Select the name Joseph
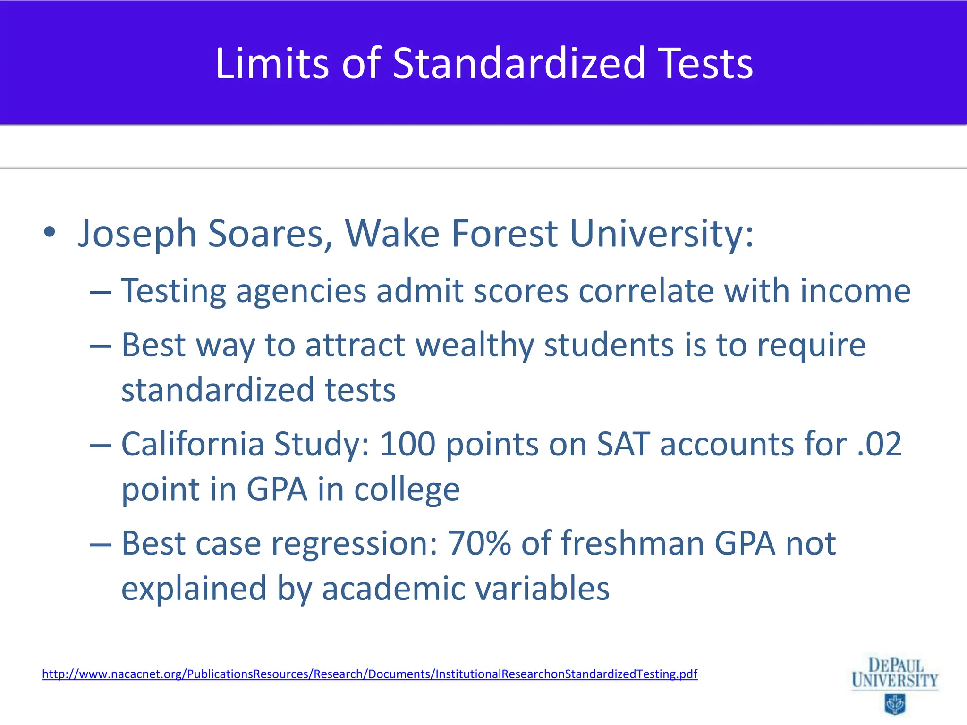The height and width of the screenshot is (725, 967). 137,234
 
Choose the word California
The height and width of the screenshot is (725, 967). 192,444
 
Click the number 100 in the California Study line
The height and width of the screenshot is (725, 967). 407,444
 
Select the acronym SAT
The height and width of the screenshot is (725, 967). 623,444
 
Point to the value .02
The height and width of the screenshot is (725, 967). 879,444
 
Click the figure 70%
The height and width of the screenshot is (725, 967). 479,543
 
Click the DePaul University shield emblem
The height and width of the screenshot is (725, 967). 894,704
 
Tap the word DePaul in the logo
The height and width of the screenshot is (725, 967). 896,666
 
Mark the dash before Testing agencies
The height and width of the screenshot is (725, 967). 100,292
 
